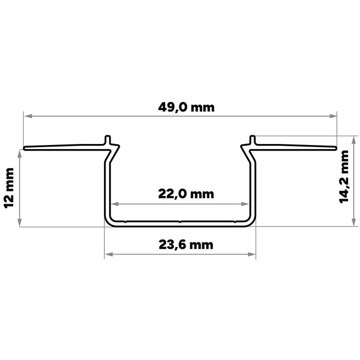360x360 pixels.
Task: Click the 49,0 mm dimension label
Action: click(x=186, y=107)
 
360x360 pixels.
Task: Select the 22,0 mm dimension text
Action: click(x=186, y=194)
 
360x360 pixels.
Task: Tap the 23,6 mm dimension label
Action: click(x=186, y=245)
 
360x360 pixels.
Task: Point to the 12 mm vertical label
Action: click(x=9, y=188)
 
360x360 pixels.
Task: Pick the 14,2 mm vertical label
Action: click(x=344, y=177)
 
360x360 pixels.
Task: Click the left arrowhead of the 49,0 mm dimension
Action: click(x=28, y=116)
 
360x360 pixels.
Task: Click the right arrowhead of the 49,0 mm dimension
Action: click(x=333, y=116)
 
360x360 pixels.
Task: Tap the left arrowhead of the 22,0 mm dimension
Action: click(x=115, y=204)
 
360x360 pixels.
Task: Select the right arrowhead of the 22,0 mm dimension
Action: click(x=245, y=204)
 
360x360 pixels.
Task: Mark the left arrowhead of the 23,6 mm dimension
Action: click(x=109, y=254)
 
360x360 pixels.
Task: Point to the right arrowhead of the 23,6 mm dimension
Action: click(x=251, y=254)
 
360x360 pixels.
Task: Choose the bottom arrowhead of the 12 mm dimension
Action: click(x=20, y=222)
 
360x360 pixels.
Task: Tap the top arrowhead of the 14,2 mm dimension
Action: click(x=353, y=140)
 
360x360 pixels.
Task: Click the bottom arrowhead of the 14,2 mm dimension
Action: click(x=353, y=222)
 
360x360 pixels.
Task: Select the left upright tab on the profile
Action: click(x=107, y=140)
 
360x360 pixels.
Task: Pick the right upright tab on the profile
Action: click(x=253, y=140)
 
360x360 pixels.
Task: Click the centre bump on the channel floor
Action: click(x=180, y=222)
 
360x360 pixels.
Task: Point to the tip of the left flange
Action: click(x=24, y=148)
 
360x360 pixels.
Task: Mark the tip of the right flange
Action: click(x=336, y=148)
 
